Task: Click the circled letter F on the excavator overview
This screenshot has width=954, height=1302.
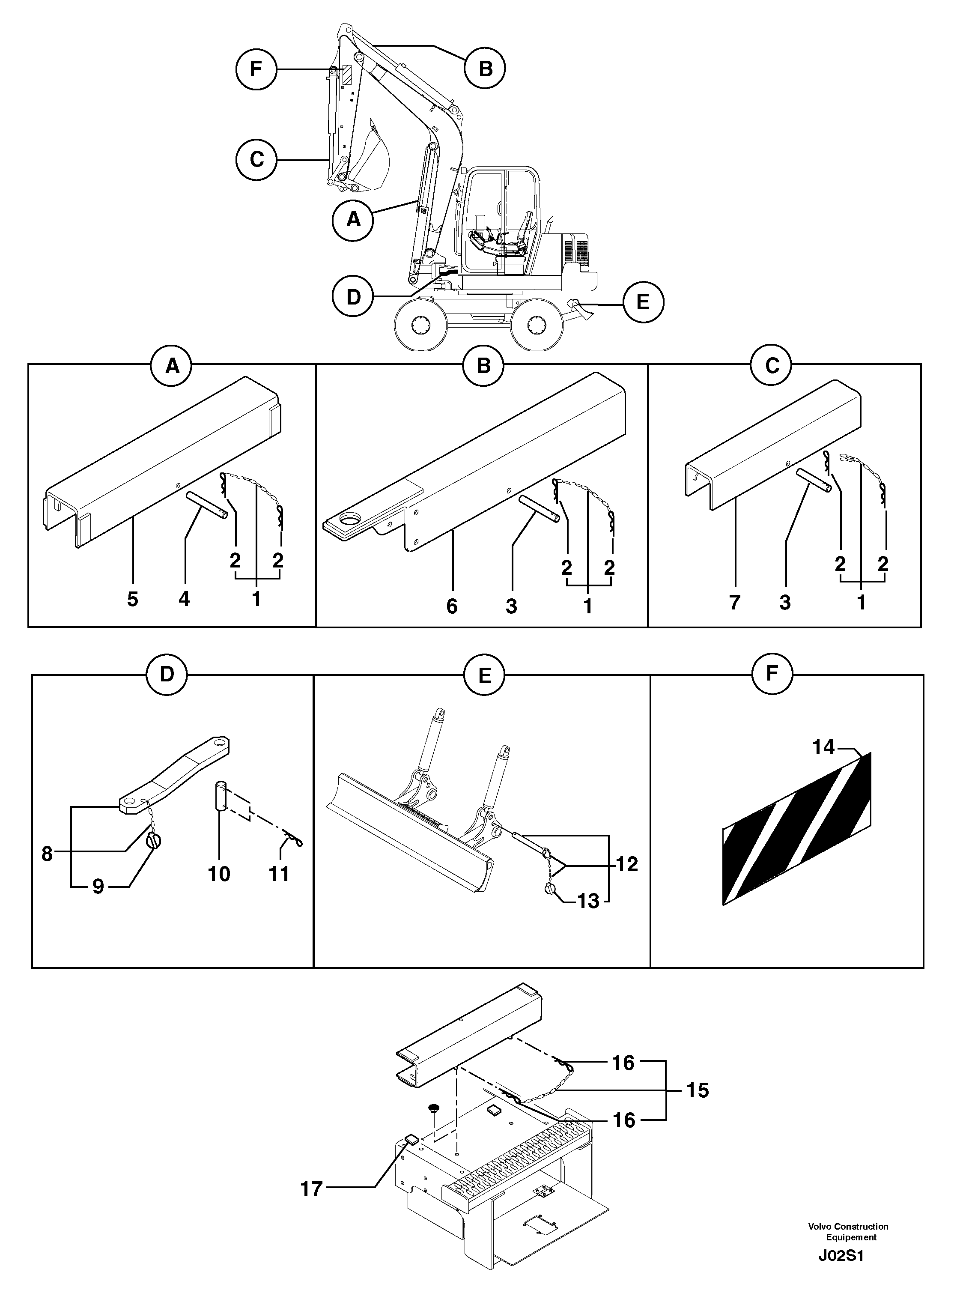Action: pos(256,69)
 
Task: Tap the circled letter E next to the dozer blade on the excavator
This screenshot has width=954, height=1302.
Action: pos(643,302)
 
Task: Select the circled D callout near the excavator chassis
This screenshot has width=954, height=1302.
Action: pos(353,297)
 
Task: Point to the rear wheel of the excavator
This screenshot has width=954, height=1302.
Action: pos(537,325)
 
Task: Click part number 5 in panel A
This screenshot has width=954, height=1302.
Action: pos(133,600)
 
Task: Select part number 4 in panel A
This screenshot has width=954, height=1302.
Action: pos(184,600)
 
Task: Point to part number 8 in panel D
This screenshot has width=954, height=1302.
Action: pos(48,853)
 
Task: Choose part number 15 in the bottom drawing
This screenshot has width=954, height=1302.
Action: pos(698,1090)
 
